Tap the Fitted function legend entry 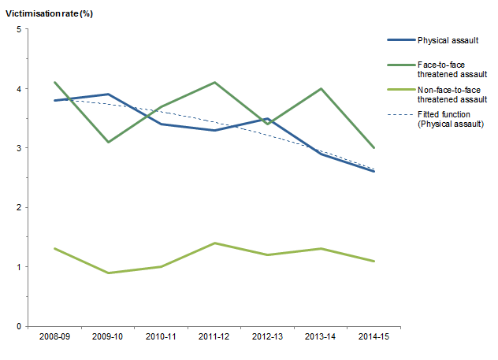[x=450, y=120]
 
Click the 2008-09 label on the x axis [x=54, y=337]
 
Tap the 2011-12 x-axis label [x=214, y=337]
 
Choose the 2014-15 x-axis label [x=373, y=337]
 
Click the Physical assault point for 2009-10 [x=107, y=95]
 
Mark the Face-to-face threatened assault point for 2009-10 [x=107, y=142]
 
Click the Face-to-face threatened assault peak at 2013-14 [x=321, y=88]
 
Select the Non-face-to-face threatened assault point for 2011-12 [x=214, y=243]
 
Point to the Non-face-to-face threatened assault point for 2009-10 [x=107, y=273]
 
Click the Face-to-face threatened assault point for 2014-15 [x=373, y=148]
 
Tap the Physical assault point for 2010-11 [x=161, y=124]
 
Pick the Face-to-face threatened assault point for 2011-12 [x=214, y=83]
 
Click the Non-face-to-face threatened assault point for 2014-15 [x=373, y=261]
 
